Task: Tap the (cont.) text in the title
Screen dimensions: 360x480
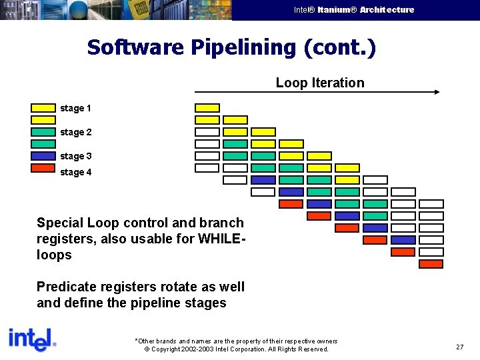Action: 339,47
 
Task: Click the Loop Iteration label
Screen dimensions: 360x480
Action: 320,83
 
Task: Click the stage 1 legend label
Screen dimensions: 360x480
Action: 75,108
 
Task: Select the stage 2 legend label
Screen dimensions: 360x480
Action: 75,132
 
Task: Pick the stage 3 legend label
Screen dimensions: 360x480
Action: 75,156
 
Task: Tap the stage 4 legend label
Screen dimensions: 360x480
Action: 75,172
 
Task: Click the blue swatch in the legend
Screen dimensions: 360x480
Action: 43,156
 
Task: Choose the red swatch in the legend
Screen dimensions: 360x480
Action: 43,168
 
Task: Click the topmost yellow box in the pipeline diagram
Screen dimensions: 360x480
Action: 207,108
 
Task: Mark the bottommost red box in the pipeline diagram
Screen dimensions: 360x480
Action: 431,264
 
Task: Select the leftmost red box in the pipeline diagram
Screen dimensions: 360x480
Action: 291,204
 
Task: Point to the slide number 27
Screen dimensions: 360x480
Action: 460,347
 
